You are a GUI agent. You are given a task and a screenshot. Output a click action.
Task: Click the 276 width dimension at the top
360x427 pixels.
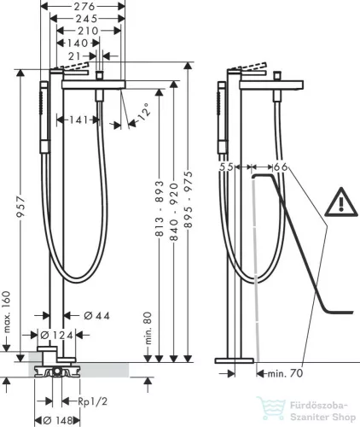[84, 6]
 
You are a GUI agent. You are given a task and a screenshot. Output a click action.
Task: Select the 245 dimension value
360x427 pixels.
[87, 19]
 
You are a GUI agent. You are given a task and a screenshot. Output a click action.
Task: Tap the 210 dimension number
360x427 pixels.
[88, 31]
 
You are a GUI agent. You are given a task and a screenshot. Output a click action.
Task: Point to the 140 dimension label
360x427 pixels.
[78, 44]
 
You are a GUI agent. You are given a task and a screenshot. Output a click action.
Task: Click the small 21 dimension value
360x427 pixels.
[74, 56]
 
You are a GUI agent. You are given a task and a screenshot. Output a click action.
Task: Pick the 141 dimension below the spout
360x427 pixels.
[78, 120]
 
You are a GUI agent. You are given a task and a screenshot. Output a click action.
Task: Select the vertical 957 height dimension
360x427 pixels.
[20, 207]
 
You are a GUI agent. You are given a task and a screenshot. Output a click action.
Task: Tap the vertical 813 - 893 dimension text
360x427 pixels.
[160, 208]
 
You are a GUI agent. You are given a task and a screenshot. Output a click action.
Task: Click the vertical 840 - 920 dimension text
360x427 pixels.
[174, 212]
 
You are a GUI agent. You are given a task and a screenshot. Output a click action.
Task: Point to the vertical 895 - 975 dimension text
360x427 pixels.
[188, 199]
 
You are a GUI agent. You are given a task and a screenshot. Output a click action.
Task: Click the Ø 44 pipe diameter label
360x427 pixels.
[97, 316]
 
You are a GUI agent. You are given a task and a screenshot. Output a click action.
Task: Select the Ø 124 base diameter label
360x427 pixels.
[57, 335]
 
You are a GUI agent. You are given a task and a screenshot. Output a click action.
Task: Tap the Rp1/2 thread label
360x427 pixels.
[93, 401]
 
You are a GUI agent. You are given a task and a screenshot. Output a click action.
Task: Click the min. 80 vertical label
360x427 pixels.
[148, 328]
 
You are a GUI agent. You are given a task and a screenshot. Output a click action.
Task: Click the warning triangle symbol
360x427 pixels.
[341, 202]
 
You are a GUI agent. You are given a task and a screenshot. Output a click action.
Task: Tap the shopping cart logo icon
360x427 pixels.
[270, 408]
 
